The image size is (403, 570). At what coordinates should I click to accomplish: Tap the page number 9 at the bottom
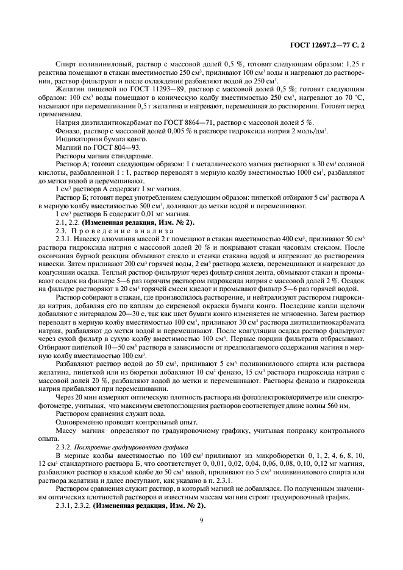coord(201,519)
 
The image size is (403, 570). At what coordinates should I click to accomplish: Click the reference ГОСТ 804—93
coord(112,147)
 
